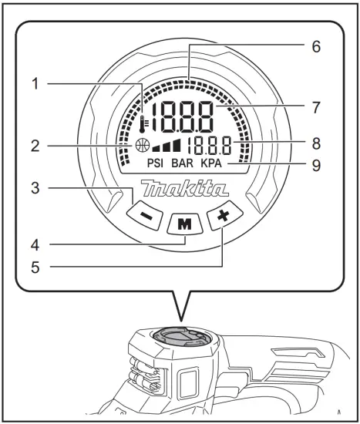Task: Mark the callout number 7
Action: click(315, 106)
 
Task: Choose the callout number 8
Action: click(315, 142)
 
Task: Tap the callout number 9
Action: click(315, 164)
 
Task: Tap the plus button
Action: click(224, 217)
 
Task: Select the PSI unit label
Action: click(154, 163)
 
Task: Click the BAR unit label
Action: click(183, 163)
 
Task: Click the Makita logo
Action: click(184, 189)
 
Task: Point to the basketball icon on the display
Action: click(141, 145)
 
